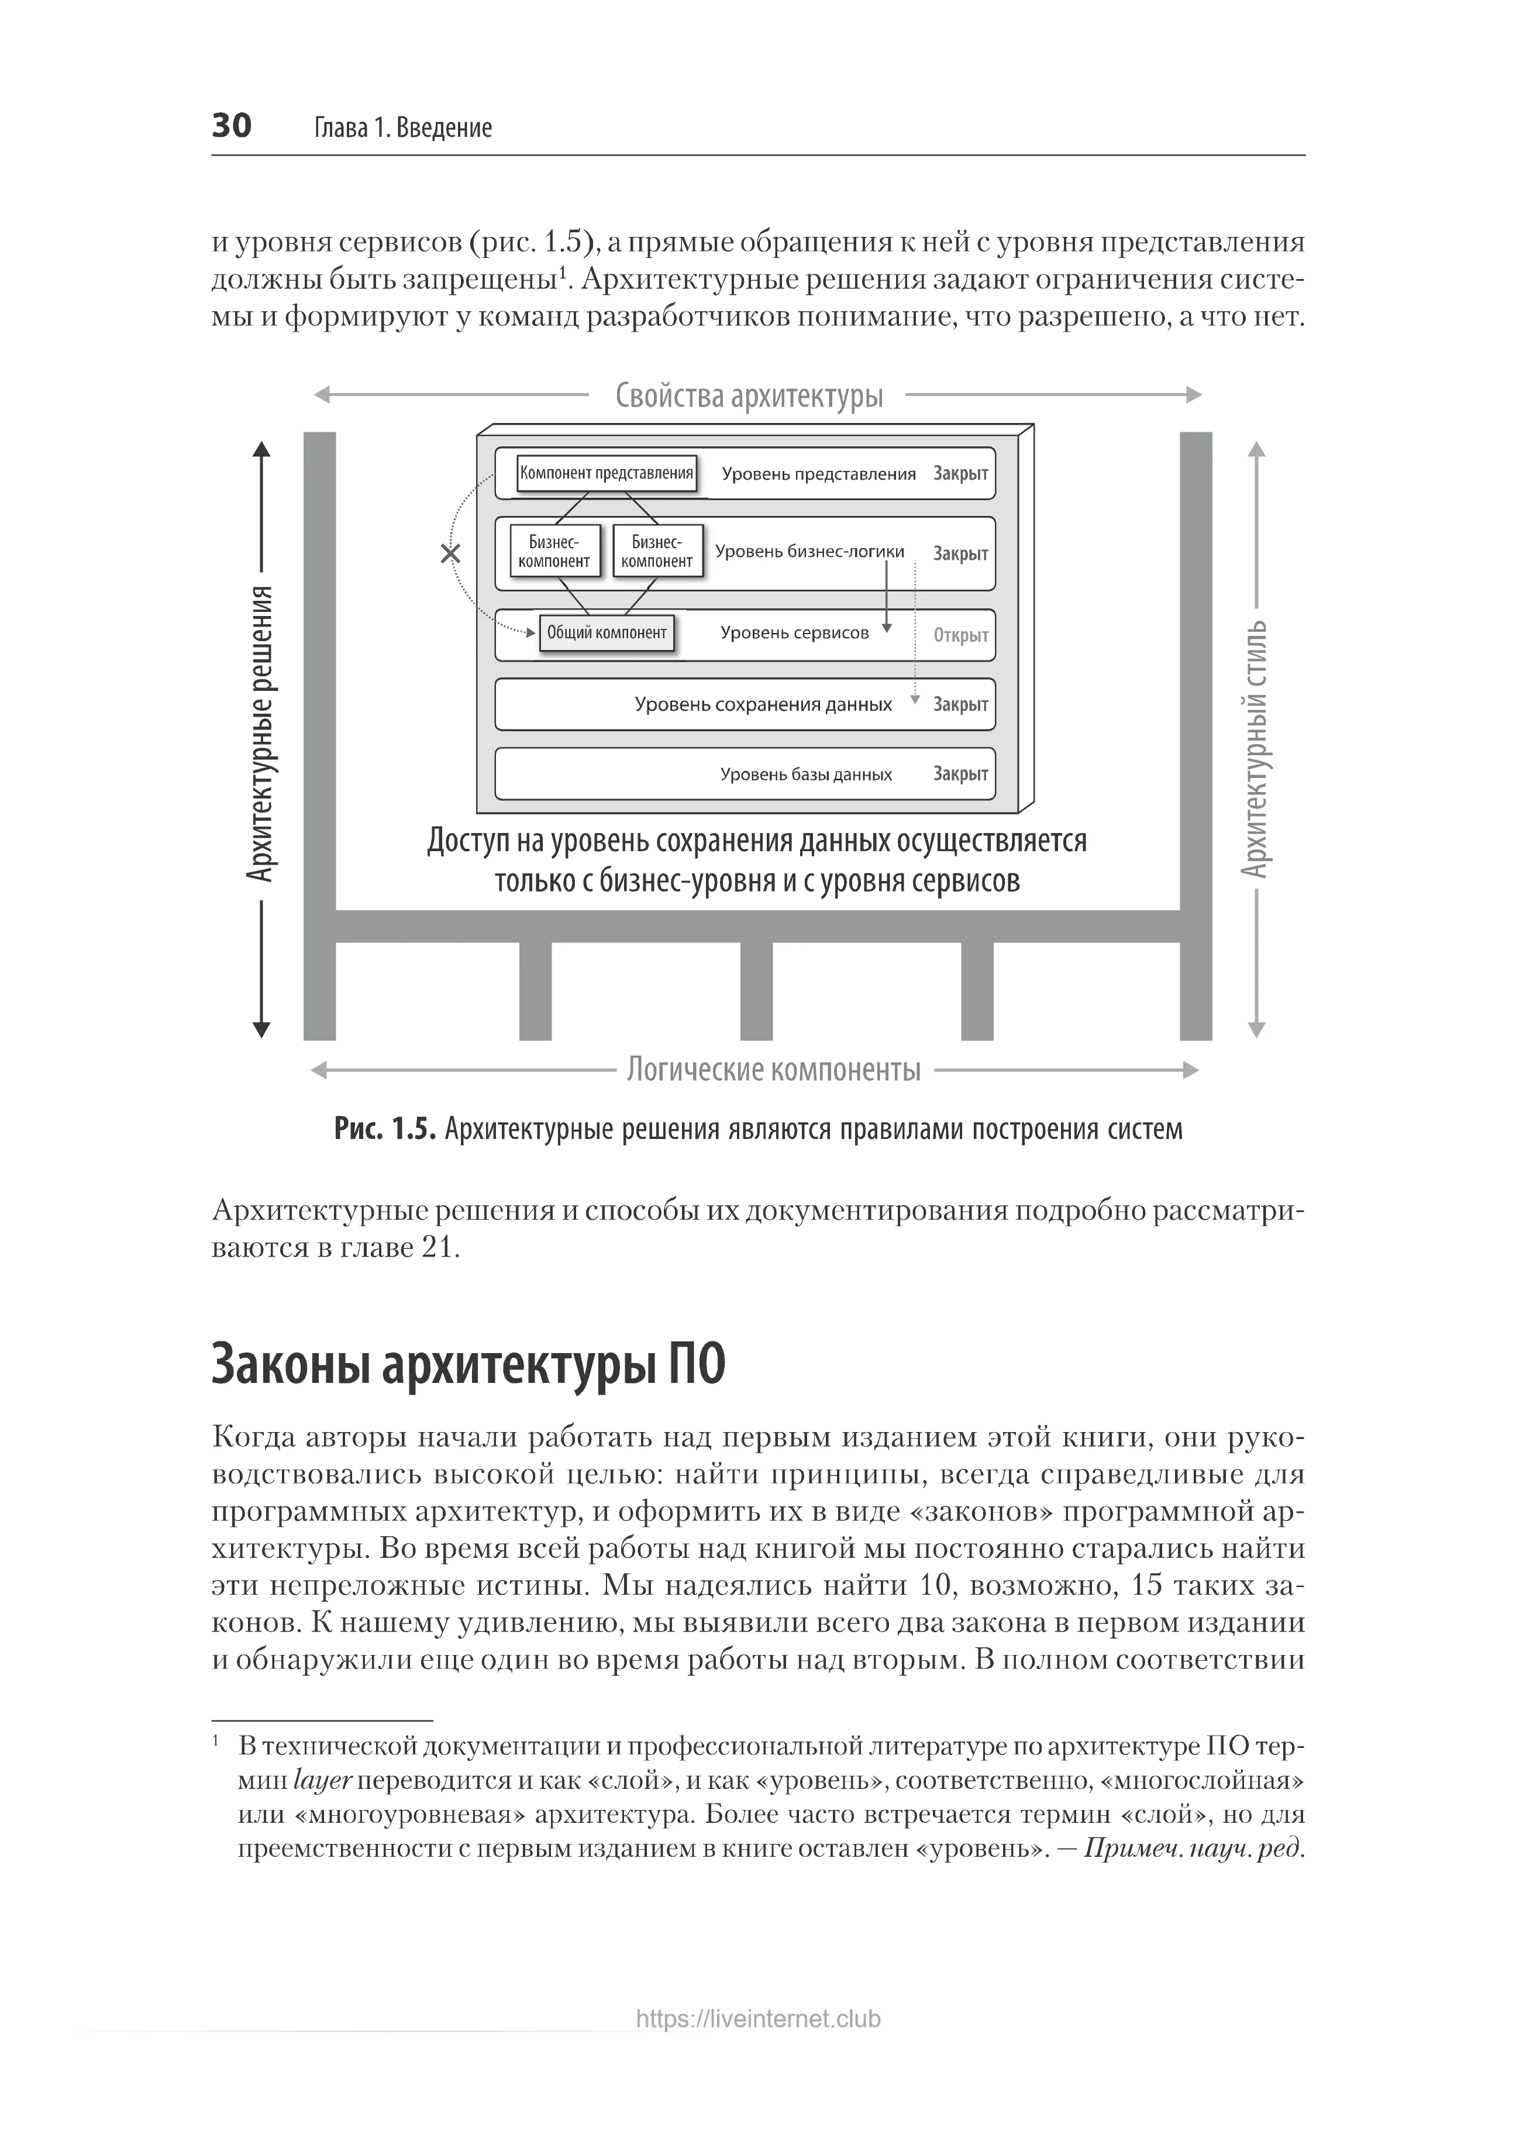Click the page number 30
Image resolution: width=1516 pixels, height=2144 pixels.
click(x=232, y=125)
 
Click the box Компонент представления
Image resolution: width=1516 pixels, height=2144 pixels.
click(x=607, y=473)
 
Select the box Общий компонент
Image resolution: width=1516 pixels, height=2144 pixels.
click(x=607, y=633)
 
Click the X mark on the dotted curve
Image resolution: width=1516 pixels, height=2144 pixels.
click(x=451, y=554)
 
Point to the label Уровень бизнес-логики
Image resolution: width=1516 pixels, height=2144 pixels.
click(x=809, y=552)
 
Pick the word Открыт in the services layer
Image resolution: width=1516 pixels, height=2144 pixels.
click(x=960, y=635)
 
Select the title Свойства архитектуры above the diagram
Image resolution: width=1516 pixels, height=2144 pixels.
click(x=749, y=396)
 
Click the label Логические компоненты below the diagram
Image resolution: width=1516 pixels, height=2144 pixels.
click(x=773, y=1069)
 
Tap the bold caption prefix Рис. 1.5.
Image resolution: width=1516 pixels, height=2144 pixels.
click(x=385, y=1129)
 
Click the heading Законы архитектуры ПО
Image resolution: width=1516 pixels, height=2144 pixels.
click(x=468, y=1364)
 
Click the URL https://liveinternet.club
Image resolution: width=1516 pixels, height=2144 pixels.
click(x=758, y=2019)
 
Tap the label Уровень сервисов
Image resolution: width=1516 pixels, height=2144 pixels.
click(x=794, y=633)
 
